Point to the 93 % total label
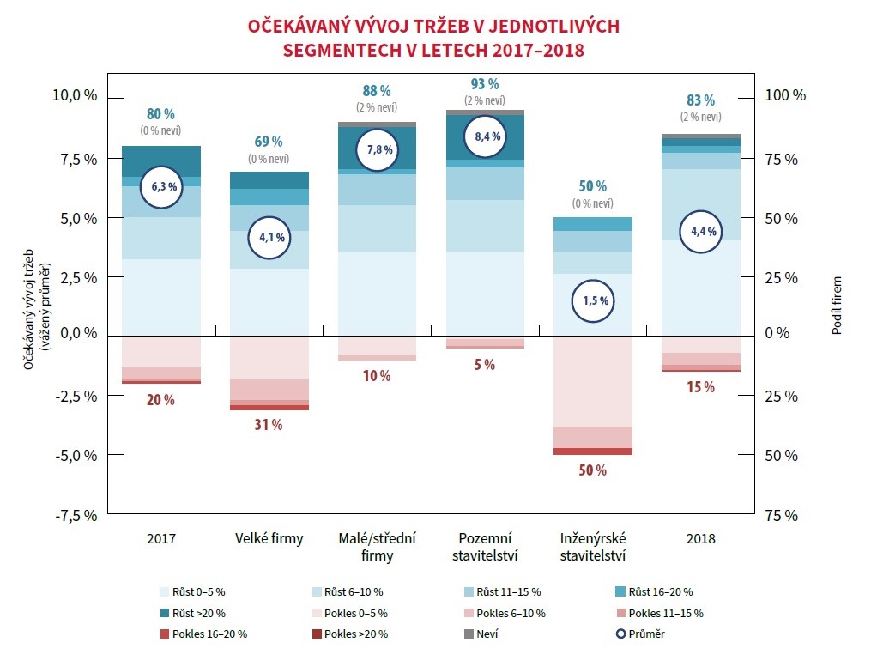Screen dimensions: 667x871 pos(485,84)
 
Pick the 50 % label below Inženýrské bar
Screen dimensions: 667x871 pos(593,470)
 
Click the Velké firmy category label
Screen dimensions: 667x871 pos(269,539)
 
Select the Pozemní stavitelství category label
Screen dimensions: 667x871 pos(485,547)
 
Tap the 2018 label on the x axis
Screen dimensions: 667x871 pos(701,539)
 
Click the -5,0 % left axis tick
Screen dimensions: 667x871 pos(76,455)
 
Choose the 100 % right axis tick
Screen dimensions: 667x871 pos(785,95)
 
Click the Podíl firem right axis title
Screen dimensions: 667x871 pos(838,305)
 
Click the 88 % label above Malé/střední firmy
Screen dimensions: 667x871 pos(377,91)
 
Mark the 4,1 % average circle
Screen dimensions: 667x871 pos(269,237)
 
